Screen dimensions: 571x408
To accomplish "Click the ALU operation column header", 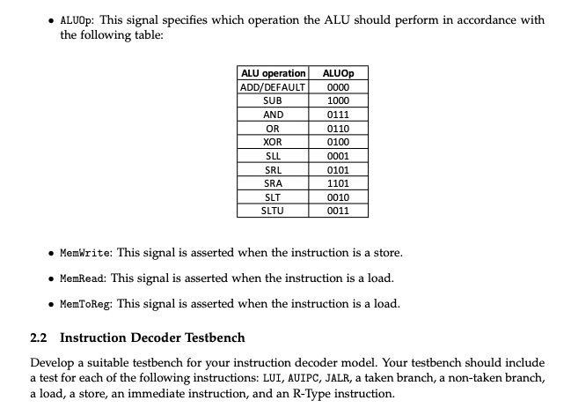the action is pos(273,72).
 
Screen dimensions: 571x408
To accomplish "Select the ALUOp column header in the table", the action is pos(338,72).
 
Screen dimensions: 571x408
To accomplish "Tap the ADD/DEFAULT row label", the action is pos(273,86).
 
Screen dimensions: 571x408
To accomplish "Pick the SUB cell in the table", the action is pos(273,100).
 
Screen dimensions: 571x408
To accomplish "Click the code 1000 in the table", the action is pos(338,100).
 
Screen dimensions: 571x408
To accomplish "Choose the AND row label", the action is pos(273,115).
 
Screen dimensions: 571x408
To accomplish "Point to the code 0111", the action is pos(338,115).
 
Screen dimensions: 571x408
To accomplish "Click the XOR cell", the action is pos(273,142).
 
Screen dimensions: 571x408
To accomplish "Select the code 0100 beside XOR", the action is pos(338,142).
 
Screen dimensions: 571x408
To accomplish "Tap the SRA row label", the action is pos(273,183).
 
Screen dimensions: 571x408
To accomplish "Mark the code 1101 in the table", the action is pos(338,183).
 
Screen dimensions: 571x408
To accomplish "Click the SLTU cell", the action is pos(273,211).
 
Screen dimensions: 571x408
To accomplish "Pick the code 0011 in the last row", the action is pos(338,211).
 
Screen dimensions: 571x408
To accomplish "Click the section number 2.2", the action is pos(40,338).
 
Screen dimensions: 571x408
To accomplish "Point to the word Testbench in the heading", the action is pos(211,338).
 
